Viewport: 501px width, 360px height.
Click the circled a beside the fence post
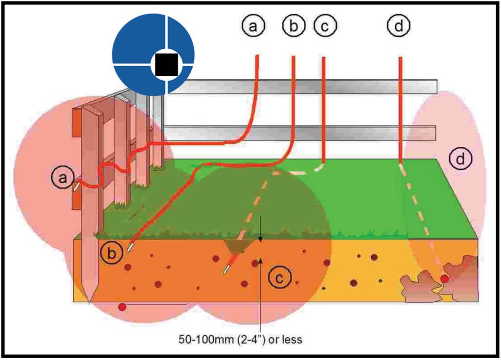tap(62, 179)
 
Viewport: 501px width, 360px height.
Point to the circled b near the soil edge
tap(112, 253)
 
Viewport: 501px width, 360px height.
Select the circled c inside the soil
tap(280, 278)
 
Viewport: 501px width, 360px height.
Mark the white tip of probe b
tap(130, 247)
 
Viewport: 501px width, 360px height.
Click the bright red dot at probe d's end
tap(444, 279)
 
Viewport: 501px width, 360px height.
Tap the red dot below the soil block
tap(122, 307)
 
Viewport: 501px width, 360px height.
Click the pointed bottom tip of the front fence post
tap(89, 302)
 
